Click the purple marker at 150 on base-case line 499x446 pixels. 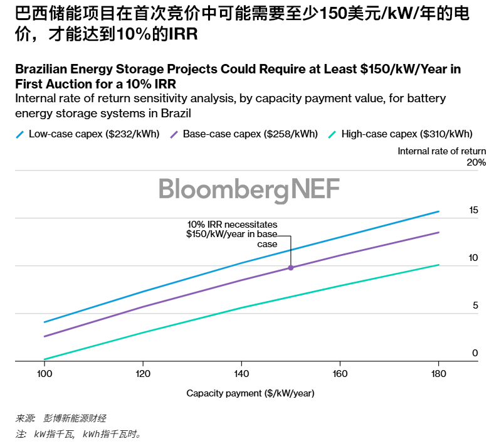click(291, 268)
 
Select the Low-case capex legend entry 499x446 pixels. click(88, 134)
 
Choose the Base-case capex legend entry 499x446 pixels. click(244, 134)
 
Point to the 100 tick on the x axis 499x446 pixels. click(44, 374)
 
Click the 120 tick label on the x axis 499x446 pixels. click(143, 374)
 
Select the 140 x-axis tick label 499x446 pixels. click(241, 374)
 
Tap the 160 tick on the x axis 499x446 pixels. click(340, 374)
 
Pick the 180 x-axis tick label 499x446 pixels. click(439, 374)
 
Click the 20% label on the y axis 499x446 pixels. click(476, 162)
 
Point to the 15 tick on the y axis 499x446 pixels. click(473, 210)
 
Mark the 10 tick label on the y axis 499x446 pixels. click(473, 258)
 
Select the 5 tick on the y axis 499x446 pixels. click(475, 305)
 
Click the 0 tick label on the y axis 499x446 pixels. click(475, 353)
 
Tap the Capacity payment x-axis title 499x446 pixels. click(250, 393)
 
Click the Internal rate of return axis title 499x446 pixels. click(442, 151)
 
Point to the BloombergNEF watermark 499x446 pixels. click(249, 188)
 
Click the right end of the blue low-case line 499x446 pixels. click(439, 211)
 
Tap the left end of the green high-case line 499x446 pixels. click(44, 359)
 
